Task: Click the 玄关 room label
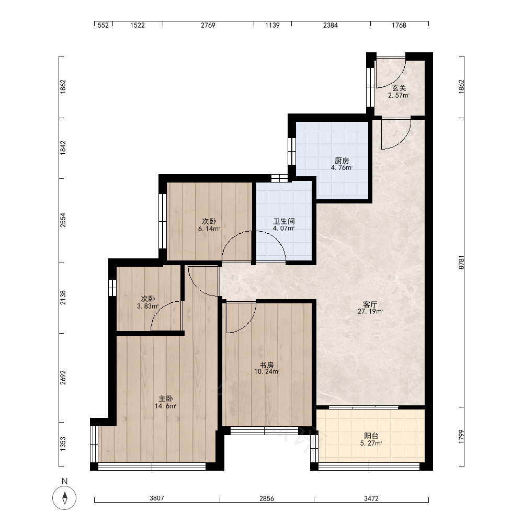(399, 88)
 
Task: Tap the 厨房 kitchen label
(342, 161)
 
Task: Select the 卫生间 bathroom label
(284, 221)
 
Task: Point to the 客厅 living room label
(370, 304)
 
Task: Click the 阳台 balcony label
(371, 436)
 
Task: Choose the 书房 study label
(267, 365)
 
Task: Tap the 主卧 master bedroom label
(165, 399)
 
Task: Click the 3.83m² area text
(147, 306)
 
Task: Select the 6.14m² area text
(209, 229)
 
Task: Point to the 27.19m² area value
(370, 312)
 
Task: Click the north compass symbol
(64, 498)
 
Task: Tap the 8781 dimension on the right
(461, 263)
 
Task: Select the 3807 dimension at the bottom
(157, 498)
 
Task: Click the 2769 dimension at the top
(208, 25)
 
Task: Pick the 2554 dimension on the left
(63, 220)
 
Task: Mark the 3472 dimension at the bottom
(371, 498)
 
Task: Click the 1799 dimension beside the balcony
(461, 436)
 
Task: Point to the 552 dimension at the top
(103, 25)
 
